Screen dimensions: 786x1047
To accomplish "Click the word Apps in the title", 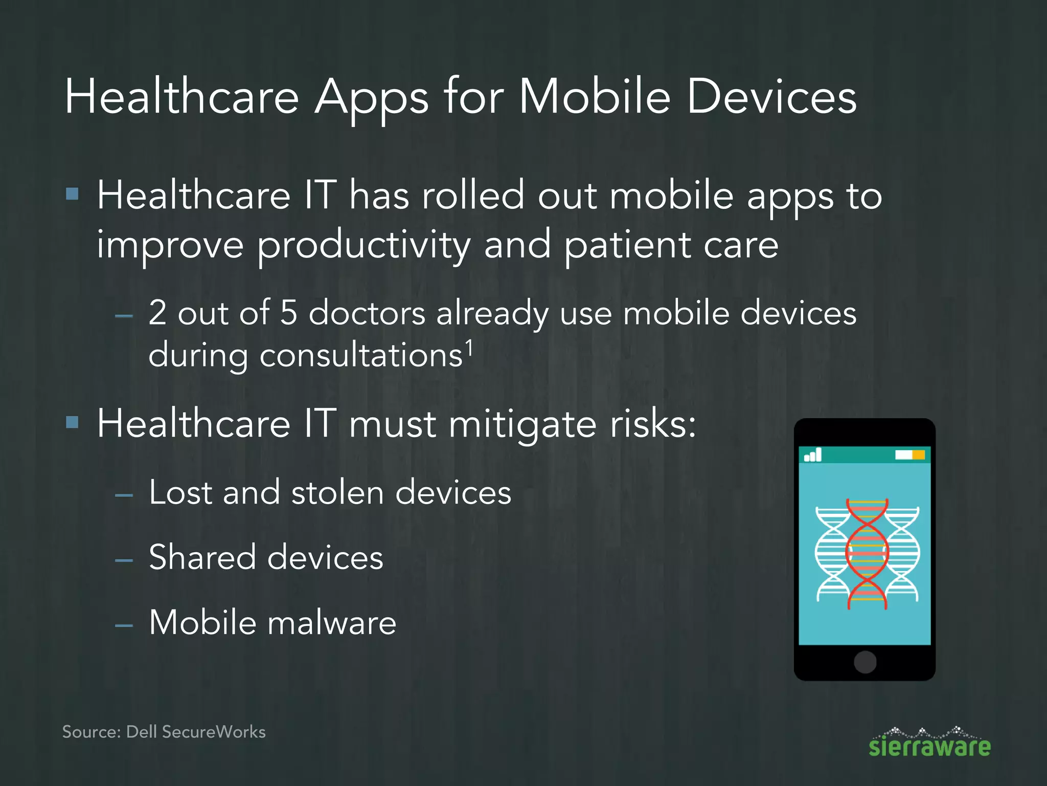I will [x=371, y=98].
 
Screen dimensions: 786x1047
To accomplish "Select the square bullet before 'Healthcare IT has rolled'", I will [x=73, y=194].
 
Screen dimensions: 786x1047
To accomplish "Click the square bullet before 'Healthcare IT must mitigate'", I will [x=73, y=422].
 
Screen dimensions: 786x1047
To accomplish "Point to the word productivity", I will [x=363, y=246].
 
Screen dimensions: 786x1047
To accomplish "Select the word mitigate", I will [x=522, y=425].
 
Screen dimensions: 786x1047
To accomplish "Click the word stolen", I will [x=337, y=493].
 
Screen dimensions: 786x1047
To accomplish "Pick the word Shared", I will [x=202, y=557].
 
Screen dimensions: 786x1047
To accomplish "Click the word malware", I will [x=332, y=623].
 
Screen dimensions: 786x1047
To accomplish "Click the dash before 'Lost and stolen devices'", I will [x=124, y=495].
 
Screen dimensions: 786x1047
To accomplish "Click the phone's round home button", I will [x=864, y=662].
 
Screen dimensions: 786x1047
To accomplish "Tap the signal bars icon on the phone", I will [x=813, y=454].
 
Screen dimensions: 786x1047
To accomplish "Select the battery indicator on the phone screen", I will [x=909, y=454].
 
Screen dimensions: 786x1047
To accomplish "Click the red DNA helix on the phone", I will [x=867, y=554].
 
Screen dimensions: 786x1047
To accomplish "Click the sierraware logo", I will [x=929, y=743].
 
